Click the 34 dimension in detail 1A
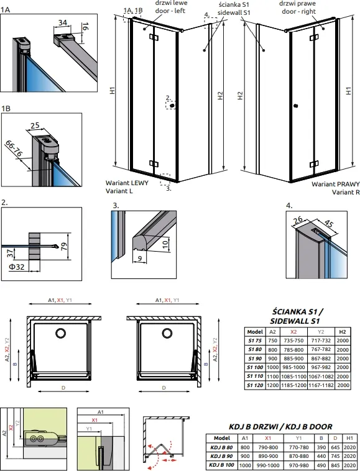click(63, 22)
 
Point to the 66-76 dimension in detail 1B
click(14, 149)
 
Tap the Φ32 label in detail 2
click(17, 267)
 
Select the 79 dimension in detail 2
click(64, 246)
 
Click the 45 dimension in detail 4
click(329, 224)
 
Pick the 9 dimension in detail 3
click(140, 258)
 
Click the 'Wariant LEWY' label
click(127, 183)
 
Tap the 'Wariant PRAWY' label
click(335, 184)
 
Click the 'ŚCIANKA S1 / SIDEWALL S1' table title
click(295, 316)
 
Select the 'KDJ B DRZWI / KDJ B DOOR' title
click(280, 426)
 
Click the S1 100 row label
click(255, 367)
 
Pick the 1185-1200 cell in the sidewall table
click(293, 385)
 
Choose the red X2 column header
click(293, 332)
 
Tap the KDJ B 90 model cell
click(222, 456)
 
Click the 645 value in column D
click(335, 447)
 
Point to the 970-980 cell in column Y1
click(298, 465)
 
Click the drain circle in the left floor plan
click(61, 333)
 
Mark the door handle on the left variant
click(172, 106)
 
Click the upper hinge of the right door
click(314, 37)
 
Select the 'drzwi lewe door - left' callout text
click(171, 7)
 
